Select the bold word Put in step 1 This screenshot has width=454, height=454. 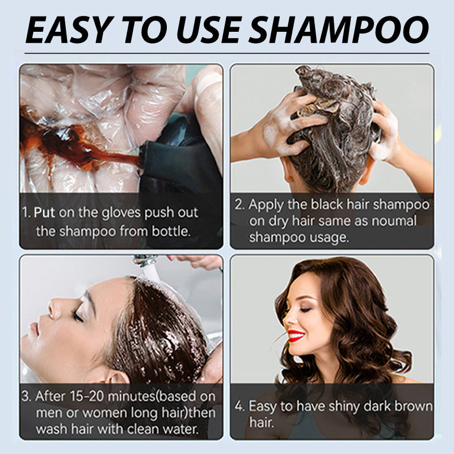[x=48, y=213]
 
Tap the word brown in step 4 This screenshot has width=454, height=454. [x=413, y=407]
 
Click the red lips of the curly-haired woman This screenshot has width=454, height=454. [x=295, y=335]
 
